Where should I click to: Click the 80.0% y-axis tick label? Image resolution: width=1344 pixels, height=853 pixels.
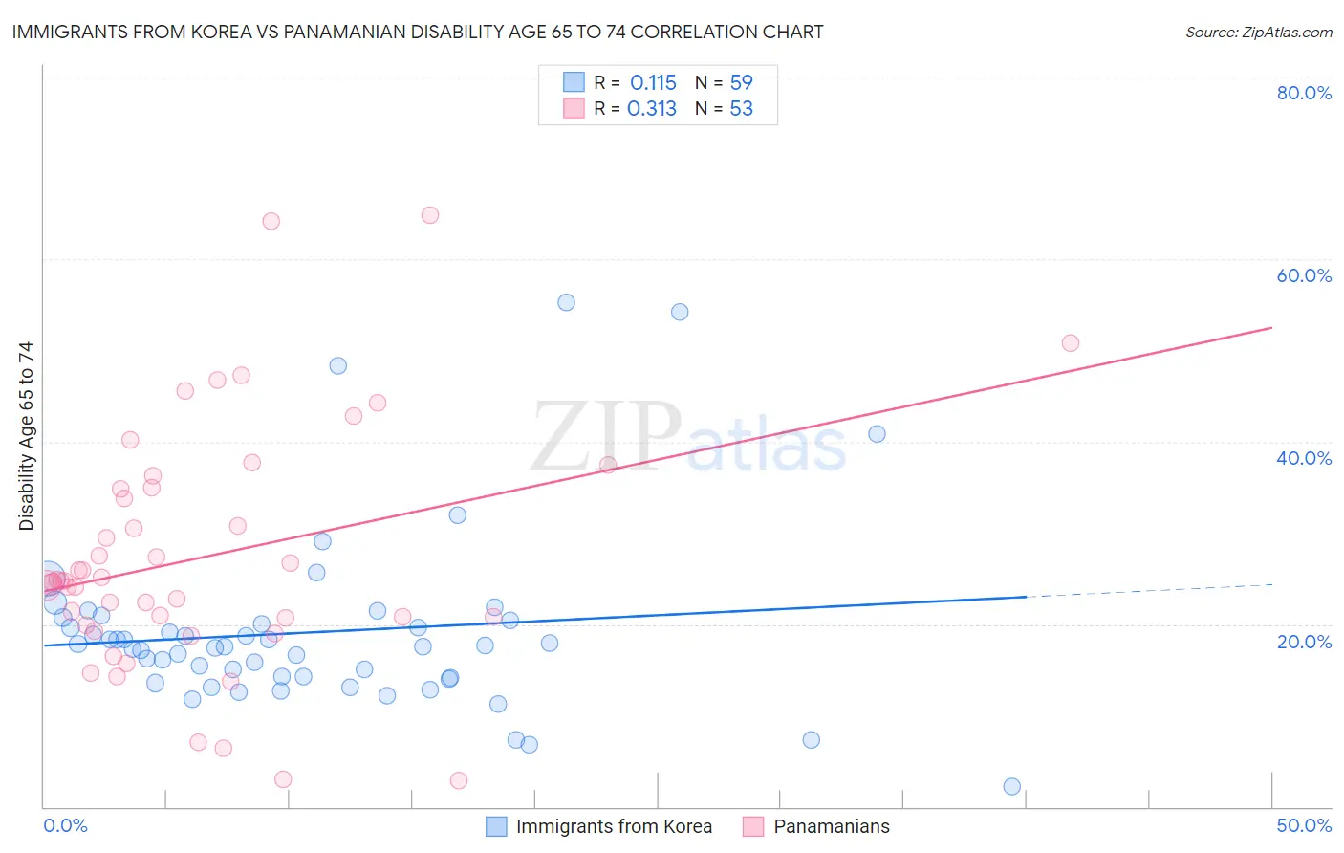pyautogui.click(x=1304, y=93)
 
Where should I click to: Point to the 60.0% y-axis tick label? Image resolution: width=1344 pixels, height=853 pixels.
pyautogui.click(x=1304, y=275)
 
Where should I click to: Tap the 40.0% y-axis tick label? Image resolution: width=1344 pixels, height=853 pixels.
pyautogui.click(x=1304, y=458)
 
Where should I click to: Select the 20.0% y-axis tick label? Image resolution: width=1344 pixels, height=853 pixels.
pyautogui.click(x=1304, y=641)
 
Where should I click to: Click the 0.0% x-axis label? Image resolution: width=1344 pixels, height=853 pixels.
pyautogui.click(x=65, y=825)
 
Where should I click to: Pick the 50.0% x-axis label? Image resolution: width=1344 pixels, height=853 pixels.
pyautogui.click(x=1304, y=825)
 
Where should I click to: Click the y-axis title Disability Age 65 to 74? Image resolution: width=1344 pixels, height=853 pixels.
pyautogui.click(x=26, y=435)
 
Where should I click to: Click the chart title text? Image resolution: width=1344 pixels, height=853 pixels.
pyautogui.click(x=417, y=32)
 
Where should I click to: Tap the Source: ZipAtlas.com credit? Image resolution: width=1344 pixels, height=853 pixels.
pyautogui.click(x=1258, y=32)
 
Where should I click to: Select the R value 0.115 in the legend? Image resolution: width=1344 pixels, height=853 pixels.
pyautogui.click(x=653, y=82)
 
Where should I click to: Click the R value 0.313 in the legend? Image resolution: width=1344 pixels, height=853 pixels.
pyautogui.click(x=652, y=108)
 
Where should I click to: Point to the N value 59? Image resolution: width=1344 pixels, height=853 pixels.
pyautogui.click(x=741, y=82)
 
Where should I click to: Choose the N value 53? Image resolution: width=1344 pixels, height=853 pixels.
pyautogui.click(x=741, y=108)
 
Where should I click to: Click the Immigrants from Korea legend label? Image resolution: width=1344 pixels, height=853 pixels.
pyautogui.click(x=614, y=826)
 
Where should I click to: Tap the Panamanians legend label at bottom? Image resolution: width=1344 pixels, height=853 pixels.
pyautogui.click(x=831, y=826)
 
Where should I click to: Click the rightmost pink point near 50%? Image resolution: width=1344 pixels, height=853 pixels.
pyautogui.click(x=1071, y=343)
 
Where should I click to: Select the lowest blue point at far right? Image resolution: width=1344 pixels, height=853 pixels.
pyautogui.click(x=1012, y=786)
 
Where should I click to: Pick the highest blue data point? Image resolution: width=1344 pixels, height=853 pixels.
pyautogui.click(x=566, y=302)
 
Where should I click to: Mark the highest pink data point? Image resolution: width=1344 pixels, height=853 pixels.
pyautogui.click(x=430, y=215)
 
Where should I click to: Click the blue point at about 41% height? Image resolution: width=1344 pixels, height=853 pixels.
pyautogui.click(x=877, y=434)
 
